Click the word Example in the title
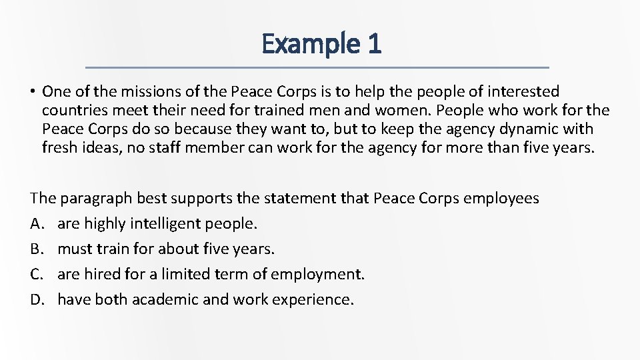coord(309,44)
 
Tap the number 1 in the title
coord(373,44)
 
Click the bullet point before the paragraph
coord(32,91)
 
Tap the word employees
coord(501,199)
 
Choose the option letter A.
coord(36,224)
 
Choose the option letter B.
coord(36,249)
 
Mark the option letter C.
coord(36,275)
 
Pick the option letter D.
coord(36,300)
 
